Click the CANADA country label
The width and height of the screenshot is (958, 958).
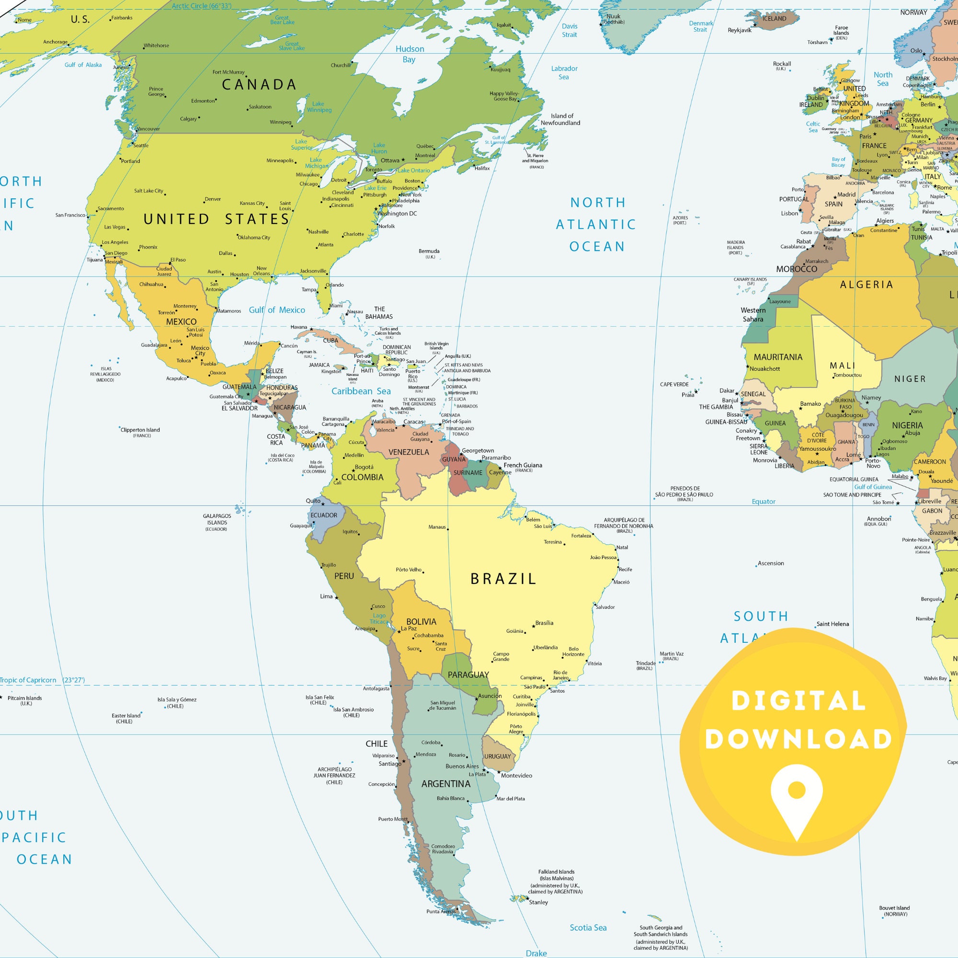259,84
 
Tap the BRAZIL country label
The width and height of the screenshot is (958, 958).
503,579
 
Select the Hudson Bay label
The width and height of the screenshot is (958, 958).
409,54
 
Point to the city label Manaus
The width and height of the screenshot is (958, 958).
437,527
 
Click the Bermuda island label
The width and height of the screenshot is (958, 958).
429,251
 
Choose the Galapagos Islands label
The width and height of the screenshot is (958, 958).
217,519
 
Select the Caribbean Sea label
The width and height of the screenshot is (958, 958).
361,391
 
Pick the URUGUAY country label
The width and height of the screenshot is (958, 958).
497,756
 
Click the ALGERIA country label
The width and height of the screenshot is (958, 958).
866,285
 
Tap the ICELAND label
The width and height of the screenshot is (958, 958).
774,19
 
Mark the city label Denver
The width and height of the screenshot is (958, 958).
213,199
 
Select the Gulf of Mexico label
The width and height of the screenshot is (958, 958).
277,310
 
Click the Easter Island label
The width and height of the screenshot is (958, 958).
126,716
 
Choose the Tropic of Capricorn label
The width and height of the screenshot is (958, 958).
28,680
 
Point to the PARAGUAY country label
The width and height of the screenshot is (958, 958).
468,675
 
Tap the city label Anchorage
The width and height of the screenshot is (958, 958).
55,42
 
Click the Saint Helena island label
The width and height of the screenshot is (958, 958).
833,624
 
